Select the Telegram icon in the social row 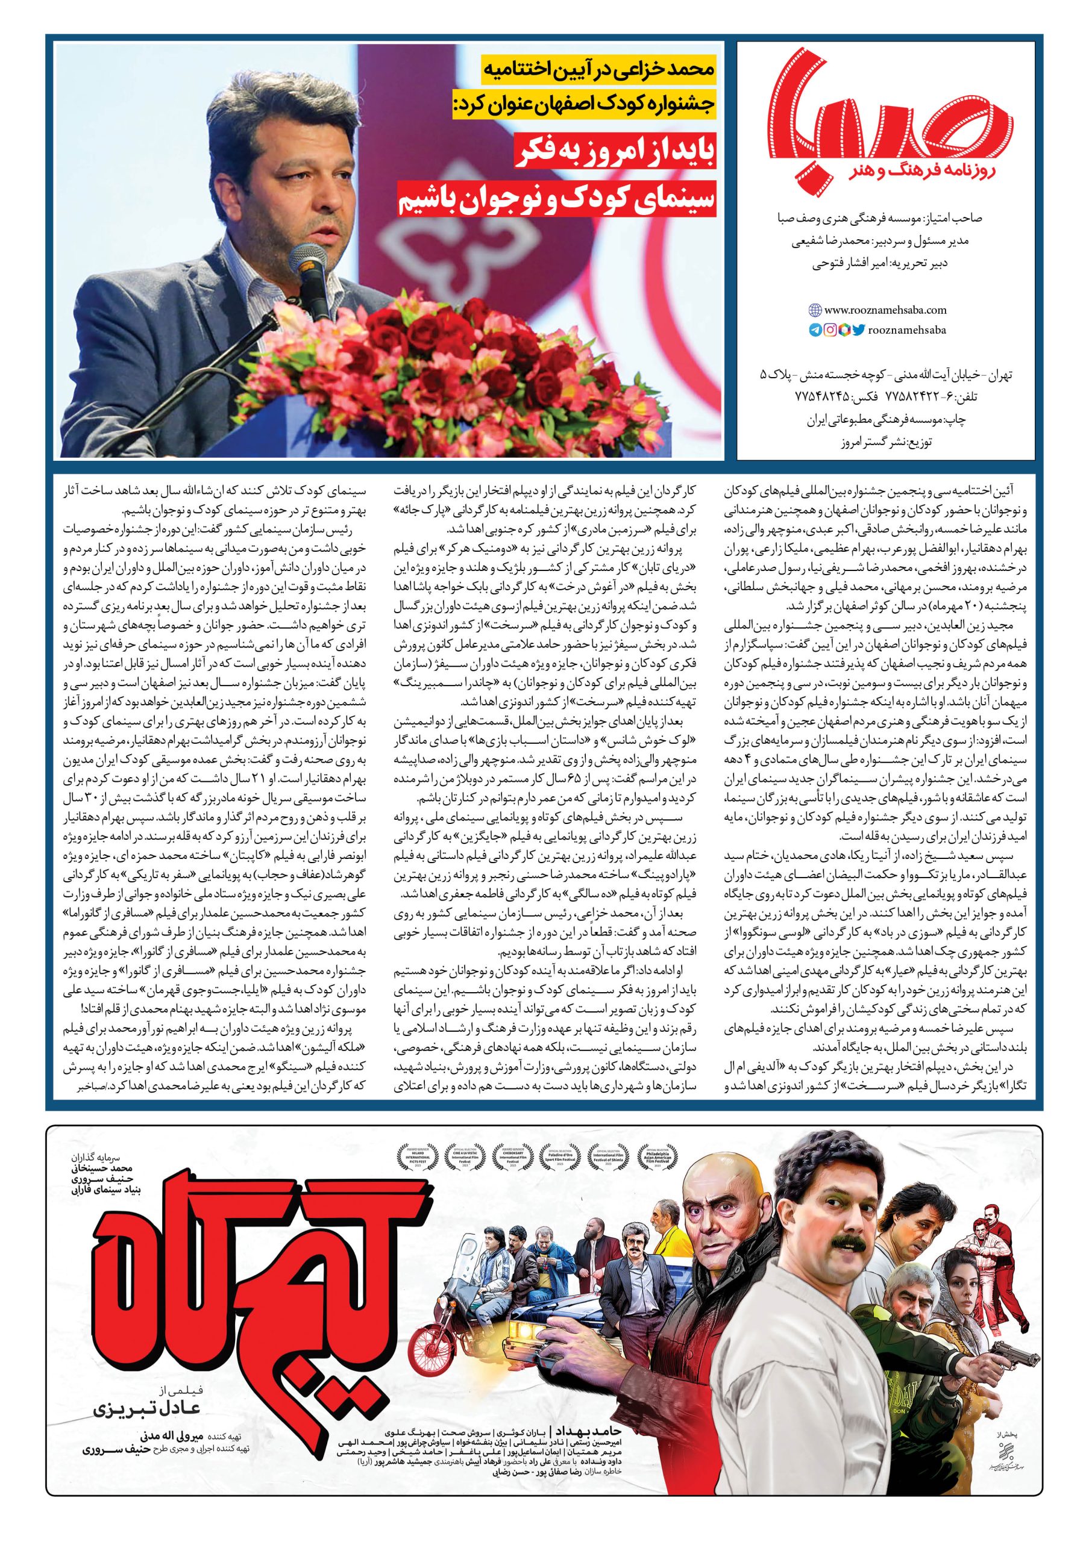tap(815, 329)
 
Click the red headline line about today tap(614, 154)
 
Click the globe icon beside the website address tap(814, 310)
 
